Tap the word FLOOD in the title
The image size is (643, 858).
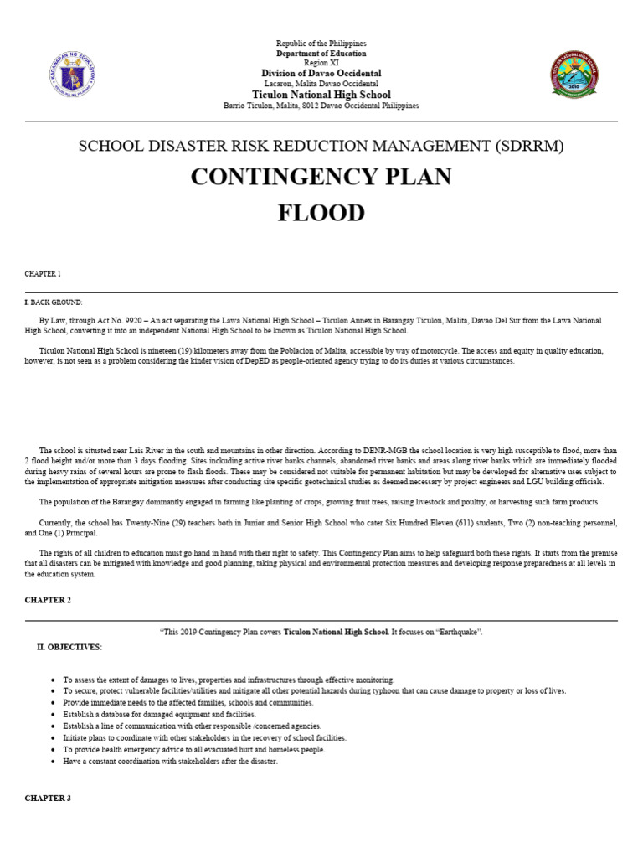click(321, 213)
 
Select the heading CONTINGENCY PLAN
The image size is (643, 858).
click(321, 177)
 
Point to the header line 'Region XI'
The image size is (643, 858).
click(321, 64)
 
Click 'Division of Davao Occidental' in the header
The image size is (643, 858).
click(321, 74)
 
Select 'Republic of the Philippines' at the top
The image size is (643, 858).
click(321, 43)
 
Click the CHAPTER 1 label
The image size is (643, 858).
click(43, 274)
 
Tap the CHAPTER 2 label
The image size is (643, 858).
click(48, 601)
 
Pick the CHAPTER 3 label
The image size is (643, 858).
click(48, 799)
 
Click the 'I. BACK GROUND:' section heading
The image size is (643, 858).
click(54, 302)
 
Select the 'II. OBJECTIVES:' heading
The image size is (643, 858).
click(69, 647)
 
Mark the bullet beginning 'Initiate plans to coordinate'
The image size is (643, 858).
click(204, 738)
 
